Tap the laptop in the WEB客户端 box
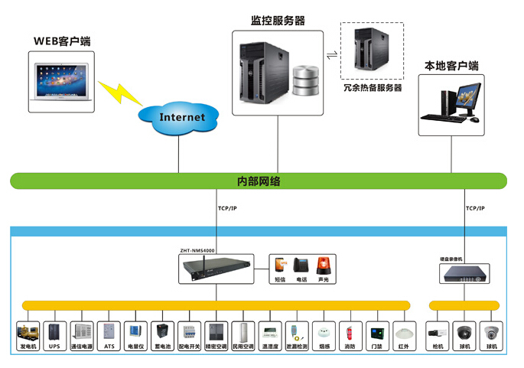tap(60, 82)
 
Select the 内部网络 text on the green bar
tap(259, 181)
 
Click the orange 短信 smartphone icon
tap(281, 265)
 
